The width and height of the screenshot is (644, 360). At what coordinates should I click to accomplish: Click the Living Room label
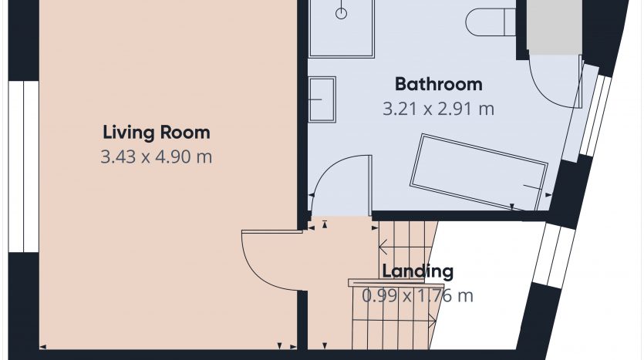coord(156,133)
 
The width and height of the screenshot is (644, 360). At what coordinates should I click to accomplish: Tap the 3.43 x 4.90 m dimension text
coord(156,156)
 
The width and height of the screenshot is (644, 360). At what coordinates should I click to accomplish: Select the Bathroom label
coord(439,84)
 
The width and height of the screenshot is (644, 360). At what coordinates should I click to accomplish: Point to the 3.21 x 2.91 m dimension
coord(438,109)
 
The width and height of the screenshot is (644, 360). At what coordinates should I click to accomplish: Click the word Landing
coord(418,271)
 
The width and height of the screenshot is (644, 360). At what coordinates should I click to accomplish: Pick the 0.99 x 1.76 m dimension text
coord(417,295)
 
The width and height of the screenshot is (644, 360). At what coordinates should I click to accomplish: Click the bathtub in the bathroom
coord(479,172)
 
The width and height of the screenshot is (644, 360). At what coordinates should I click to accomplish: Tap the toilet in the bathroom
coord(491,22)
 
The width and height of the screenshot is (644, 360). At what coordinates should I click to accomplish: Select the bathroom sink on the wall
coord(322,99)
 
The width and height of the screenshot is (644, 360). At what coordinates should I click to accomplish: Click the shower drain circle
coord(342,14)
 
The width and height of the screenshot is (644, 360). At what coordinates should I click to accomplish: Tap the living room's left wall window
coord(23,167)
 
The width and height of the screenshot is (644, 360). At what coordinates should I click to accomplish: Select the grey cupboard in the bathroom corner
coord(554,27)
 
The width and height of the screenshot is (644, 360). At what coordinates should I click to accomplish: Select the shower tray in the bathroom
coord(342,28)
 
